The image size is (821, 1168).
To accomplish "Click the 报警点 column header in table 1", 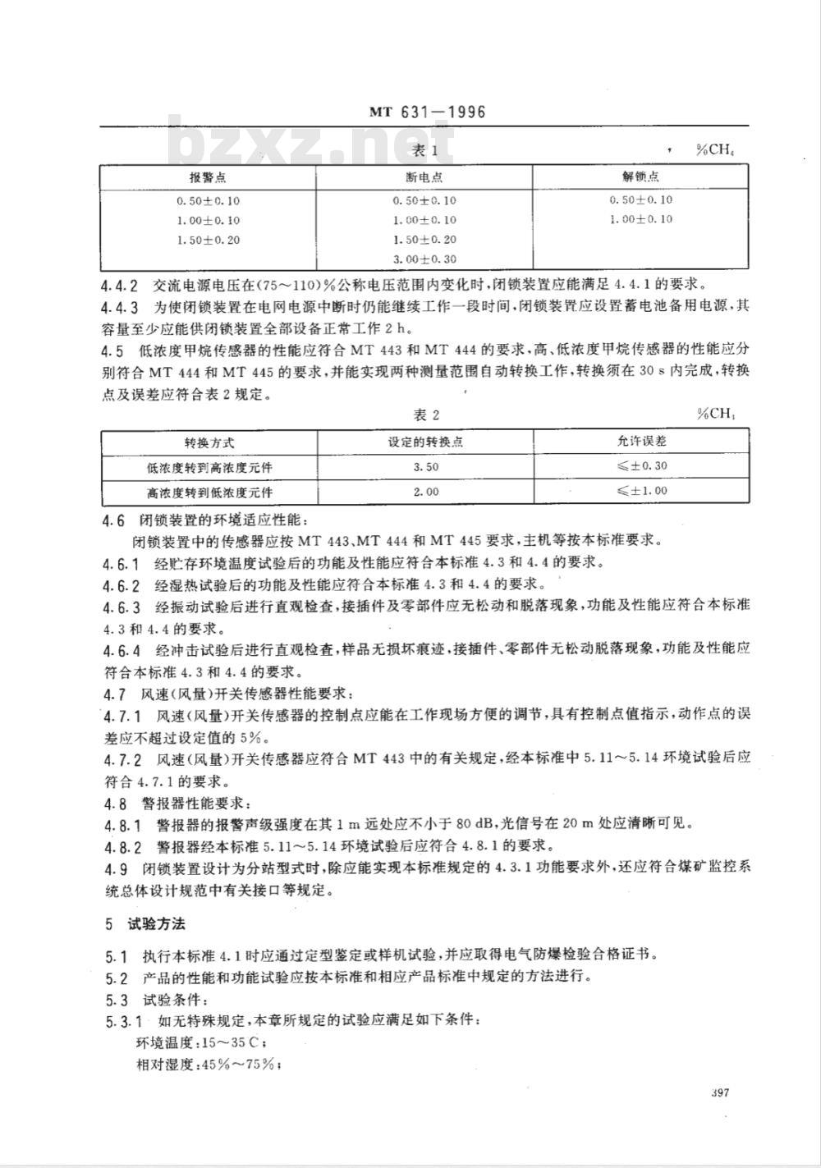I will point(208,177).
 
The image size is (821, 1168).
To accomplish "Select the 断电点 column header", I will point(424,177).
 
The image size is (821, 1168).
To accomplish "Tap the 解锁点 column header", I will point(640,176).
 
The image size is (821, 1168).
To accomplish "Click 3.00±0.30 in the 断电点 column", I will point(424,259).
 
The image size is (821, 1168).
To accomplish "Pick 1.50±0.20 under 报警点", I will point(208,240).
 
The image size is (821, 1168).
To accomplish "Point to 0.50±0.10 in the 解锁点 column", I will point(640,199).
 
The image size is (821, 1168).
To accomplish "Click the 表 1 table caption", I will point(424,151).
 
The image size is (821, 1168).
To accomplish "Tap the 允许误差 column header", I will point(641,441).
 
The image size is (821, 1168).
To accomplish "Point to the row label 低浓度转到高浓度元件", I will point(209,466).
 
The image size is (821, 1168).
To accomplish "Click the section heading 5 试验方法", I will point(144,923).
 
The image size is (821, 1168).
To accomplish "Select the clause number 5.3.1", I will point(122,1022).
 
